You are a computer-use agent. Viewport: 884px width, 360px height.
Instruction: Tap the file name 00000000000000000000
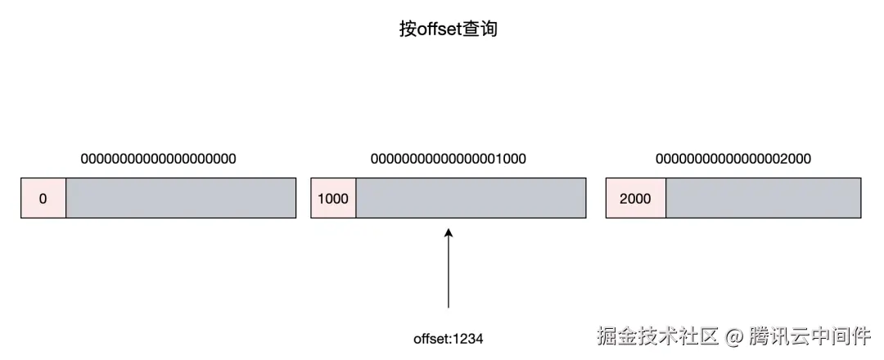coord(158,159)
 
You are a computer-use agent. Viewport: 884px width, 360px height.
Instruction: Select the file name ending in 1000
coord(448,159)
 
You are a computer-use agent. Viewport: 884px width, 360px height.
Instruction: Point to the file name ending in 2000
coord(733,159)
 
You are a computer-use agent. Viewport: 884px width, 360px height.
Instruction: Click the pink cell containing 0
coord(43,198)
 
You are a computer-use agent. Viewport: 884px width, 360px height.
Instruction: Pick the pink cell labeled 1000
coord(333,198)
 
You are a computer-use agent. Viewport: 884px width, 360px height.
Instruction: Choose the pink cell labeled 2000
coord(636,198)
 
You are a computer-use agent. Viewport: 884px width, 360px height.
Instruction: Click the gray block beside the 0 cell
coord(181,198)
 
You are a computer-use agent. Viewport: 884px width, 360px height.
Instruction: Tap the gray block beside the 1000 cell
coord(471,198)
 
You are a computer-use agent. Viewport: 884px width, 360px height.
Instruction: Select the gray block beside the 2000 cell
coord(763,198)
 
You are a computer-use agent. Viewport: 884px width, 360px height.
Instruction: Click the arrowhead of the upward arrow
coord(449,235)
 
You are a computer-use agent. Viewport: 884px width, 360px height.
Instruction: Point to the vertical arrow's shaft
coord(449,274)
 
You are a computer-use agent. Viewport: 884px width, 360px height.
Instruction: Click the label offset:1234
coord(449,337)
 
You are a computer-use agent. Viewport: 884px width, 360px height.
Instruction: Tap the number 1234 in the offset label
coord(468,337)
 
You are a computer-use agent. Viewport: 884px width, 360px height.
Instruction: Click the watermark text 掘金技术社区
coord(658,335)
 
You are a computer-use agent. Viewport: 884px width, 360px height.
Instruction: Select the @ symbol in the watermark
coord(734,336)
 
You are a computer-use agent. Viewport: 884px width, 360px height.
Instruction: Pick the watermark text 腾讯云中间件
coord(810,335)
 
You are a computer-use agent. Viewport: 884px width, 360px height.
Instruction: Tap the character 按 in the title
coord(408,29)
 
